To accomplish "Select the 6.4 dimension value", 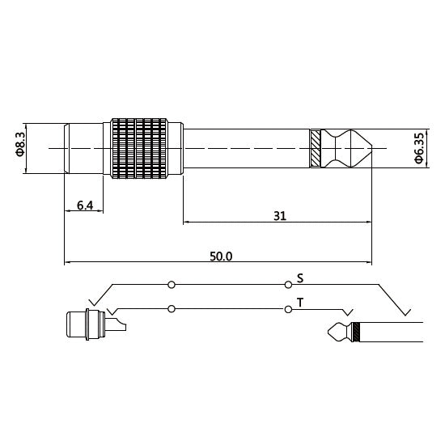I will (84, 206).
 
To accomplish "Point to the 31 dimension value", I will (280, 216).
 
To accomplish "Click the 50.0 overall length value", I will (221, 256).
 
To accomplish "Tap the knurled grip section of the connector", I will (139, 148).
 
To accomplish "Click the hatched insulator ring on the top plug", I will (316, 149).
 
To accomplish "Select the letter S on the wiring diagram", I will (300, 278).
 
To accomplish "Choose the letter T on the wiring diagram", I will (300, 302).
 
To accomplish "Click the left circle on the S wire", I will (172, 285).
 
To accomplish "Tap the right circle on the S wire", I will (288, 285).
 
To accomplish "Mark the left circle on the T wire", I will (172, 308).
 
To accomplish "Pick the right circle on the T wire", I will (288, 308).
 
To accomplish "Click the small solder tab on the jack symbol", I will (120, 326).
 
